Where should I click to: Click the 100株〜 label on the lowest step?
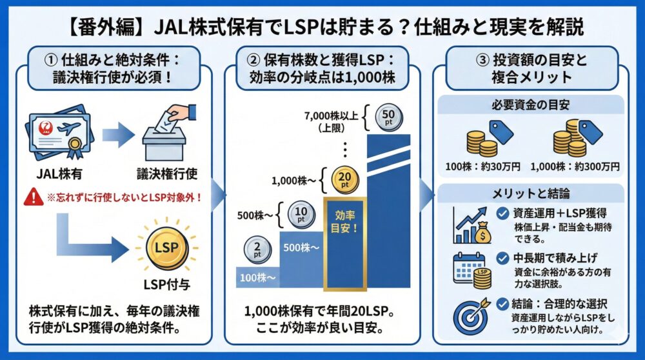(256, 278)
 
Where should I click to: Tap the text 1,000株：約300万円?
(575, 166)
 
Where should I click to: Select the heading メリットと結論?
(531, 193)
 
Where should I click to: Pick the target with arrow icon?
(472, 313)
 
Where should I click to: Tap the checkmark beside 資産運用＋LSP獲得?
(502, 214)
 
